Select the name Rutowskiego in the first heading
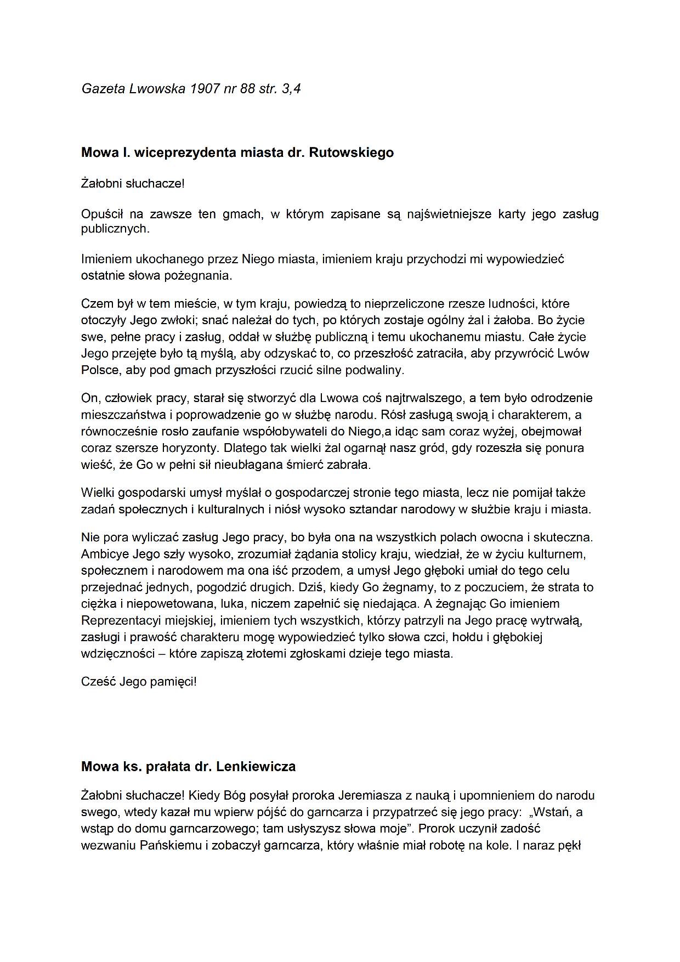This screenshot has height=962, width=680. click(352, 152)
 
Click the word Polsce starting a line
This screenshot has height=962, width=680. click(100, 370)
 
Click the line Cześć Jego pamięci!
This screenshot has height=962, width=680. click(139, 682)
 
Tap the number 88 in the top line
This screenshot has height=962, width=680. click(247, 89)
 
